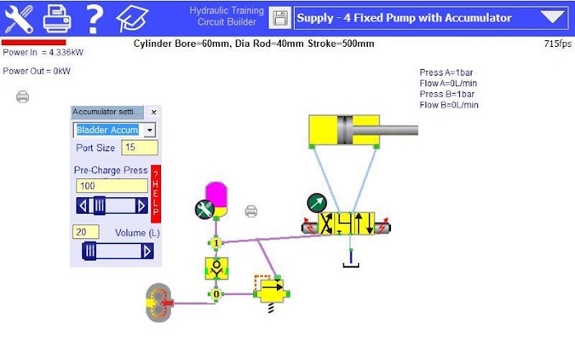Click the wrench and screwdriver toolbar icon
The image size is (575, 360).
click(x=18, y=18)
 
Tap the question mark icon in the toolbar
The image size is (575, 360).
click(x=94, y=18)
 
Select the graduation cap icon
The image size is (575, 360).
click(x=132, y=18)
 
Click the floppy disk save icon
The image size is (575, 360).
click(x=280, y=17)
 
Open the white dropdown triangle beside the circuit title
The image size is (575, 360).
click(x=553, y=16)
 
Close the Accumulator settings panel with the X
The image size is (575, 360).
click(x=154, y=113)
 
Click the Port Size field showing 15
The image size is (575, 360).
click(x=140, y=147)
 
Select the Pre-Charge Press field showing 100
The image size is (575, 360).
click(x=112, y=186)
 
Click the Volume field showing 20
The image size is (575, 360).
click(x=85, y=232)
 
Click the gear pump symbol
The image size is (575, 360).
click(x=159, y=302)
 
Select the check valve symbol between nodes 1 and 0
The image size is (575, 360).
click(x=216, y=269)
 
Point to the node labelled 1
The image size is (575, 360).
click(x=216, y=243)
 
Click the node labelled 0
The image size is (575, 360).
click(x=216, y=294)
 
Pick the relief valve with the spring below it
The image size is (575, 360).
click(x=271, y=292)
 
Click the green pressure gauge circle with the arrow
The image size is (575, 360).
click(x=317, y=203)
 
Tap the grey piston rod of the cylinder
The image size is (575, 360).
click(x=385, y=131)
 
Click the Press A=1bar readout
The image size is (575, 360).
click(x=446, y=72)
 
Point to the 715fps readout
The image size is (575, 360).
click(x=558, y=44)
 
